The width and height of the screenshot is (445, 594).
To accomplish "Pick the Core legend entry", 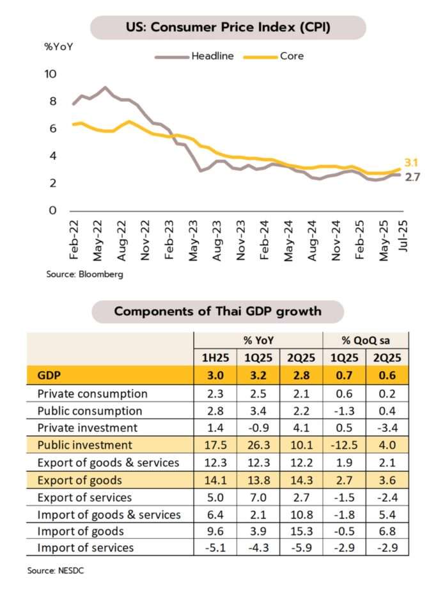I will click(292, 56).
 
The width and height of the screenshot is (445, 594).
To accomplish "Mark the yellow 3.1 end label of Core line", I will click(411, 163).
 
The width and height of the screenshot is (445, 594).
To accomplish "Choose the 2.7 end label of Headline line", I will click(413, 177).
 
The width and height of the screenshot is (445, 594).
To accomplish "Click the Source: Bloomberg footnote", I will click(84, 275).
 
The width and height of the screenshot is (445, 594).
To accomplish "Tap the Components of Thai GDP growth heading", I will click(218, 312).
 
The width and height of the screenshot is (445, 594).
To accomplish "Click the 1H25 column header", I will click(215, 358).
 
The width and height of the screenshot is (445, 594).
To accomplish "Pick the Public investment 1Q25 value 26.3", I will click(258, 445).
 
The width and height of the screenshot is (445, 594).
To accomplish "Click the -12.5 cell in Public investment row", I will click(344, 445).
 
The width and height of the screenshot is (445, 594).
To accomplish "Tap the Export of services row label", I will click(85, 497).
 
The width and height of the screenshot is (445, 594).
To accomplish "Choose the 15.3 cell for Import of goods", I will click(301, 531).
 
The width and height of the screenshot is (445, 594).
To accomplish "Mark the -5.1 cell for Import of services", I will click(215, 548).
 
